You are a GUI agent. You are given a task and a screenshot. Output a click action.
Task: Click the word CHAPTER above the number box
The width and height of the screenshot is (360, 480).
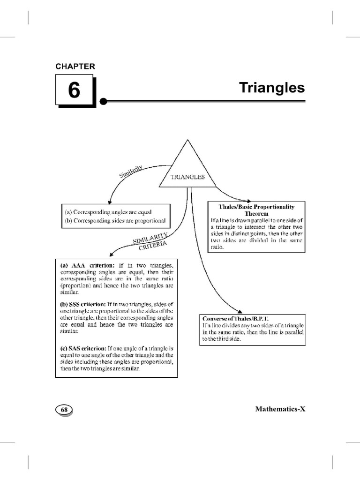(75, 67)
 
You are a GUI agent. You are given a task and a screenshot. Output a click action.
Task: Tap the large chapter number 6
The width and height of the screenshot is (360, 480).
(75, 90)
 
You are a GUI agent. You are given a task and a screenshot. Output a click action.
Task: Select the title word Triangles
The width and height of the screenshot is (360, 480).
(272, 88)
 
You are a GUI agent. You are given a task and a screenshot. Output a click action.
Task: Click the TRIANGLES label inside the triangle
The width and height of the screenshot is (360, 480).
(187, 177)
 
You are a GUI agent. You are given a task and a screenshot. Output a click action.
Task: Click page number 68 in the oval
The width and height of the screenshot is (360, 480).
(64, 409)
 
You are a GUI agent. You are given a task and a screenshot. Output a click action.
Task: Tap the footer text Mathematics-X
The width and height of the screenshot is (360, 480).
(280, 409)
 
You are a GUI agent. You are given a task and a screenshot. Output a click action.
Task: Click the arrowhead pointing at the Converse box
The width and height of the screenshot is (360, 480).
(240, 311)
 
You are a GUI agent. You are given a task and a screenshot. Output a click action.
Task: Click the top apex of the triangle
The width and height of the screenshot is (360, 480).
(187, 140)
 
